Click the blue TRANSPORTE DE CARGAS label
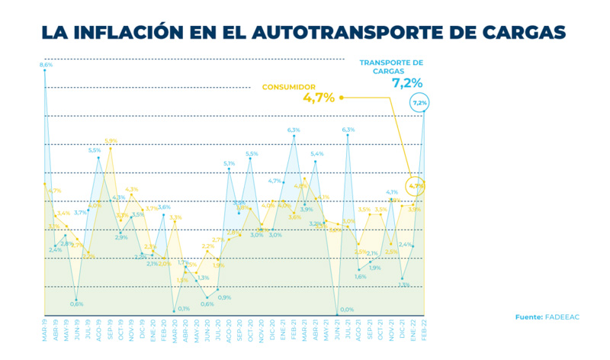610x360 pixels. tap(390, 66)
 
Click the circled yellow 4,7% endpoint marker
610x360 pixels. tap(416, 185)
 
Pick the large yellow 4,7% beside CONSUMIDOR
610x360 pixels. tap(318, 98)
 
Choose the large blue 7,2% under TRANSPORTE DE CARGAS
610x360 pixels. tap(407, 83)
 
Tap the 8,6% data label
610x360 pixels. tap(46, 66)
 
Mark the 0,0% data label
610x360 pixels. tap(347, 310)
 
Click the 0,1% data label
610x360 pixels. tap(183, 309)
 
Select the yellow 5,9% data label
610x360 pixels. tap(111, 141)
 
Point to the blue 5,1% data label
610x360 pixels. tap(229, 163)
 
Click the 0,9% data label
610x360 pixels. tap(225, 297)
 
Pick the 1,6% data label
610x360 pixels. tap(361, 276)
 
